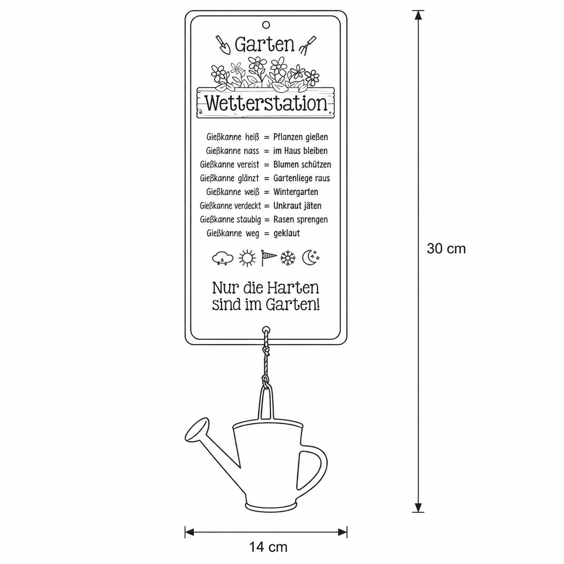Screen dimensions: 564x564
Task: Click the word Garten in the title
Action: pos(264,44)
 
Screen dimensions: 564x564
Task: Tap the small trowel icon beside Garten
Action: pos(223,45)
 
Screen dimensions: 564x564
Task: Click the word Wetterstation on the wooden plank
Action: pos(266,103)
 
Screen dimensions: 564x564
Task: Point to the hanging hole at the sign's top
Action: pos(266,25)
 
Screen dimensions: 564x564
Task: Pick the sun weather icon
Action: pos(247,258)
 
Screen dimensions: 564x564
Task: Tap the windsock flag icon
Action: pos(268,258)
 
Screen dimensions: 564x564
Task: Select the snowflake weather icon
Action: pos(288,258)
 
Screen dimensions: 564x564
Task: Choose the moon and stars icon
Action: pos(311,258)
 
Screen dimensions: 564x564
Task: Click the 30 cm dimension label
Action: pos(446,248)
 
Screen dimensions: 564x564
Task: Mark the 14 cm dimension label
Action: pos(268,547)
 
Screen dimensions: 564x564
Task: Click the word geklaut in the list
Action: pos(286,234)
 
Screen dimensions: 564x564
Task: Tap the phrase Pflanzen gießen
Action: pos(301,137)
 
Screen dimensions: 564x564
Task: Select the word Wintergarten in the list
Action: pos(296,192)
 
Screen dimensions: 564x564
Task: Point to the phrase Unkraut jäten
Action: pos(297,206)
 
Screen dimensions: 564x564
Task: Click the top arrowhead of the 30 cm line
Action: pos(418,15)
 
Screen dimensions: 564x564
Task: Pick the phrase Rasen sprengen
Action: pos(301,219)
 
